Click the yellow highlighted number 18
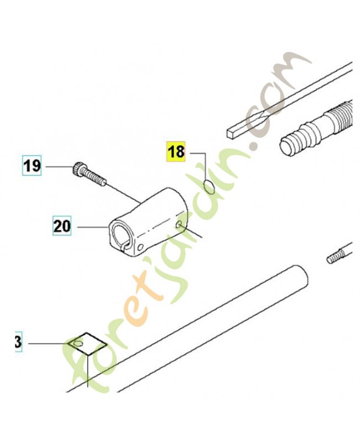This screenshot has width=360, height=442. (x=176, y=151)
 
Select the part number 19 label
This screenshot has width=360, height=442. (x=32, y=165)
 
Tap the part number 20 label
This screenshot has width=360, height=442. (x=62, y=225)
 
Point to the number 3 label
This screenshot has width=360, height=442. (x=18, y=342)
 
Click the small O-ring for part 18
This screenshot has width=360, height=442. (x=209, y=187)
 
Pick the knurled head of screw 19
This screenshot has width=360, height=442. (x=77, y=169)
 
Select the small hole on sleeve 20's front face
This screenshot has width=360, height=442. (x=140, y=248)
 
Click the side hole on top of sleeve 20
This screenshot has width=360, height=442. (x=178, y=224)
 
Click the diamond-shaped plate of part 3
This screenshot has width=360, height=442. (x=87, y=343)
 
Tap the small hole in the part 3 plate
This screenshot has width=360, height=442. (x=78, y=343)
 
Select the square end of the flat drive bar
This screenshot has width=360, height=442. (x=231, y=133)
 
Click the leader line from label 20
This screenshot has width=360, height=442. (x=92, y=227)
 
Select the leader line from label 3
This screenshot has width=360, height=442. (x=49, y=343)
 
